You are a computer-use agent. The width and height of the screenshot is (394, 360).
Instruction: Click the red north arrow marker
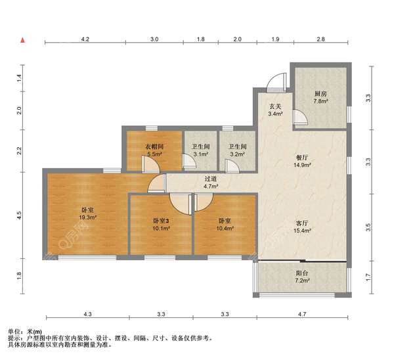click(x=23, y=40)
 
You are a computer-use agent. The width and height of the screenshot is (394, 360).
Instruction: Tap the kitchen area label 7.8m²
click(x=320, y=102)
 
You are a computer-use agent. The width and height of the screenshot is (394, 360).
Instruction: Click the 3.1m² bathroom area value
click(x=201, y=154)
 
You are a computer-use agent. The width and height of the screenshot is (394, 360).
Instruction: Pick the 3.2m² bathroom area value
click(x=238, y=154)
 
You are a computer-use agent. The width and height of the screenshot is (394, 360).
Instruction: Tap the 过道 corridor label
click(x=211, y=179)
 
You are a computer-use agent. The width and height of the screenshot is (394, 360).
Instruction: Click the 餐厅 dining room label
click(x=302, y=158)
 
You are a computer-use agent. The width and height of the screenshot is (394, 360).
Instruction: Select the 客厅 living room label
click(x=302, y=223)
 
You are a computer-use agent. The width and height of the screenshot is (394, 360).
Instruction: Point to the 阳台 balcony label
click(x=302, y=273)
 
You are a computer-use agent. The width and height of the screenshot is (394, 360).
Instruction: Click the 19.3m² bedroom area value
click(x=88, y=217)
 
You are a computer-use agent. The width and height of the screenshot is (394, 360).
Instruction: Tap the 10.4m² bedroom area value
click(x=225, y=229)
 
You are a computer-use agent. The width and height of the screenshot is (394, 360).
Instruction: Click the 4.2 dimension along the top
click(x=85, y=39)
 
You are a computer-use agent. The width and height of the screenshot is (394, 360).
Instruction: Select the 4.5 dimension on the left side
click(x=19, y=215)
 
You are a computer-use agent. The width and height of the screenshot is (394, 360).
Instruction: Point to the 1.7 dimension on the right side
click(x=368, y=277)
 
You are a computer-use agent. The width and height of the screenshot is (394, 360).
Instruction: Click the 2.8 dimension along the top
click(x=321, y=39)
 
